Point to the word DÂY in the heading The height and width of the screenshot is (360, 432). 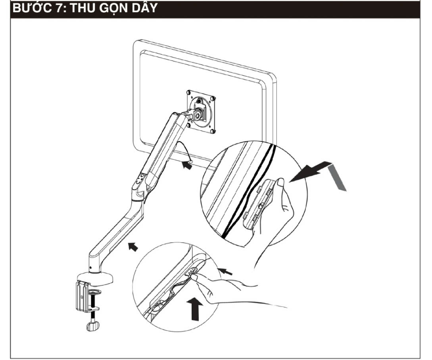(145, 8)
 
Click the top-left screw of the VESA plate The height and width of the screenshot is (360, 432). (189, 93)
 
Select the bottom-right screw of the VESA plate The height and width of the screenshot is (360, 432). (212, 131)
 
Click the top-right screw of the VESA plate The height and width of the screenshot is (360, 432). (212, 98)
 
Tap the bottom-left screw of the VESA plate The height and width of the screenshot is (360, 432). (188, 125)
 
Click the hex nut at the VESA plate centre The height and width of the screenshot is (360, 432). (198, 116)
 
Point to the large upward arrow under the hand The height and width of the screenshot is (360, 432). (195, 309)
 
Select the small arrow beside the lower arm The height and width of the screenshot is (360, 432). (133, 247)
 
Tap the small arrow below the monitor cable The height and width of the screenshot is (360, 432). (187, 165)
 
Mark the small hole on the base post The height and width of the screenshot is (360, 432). (90, 268)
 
